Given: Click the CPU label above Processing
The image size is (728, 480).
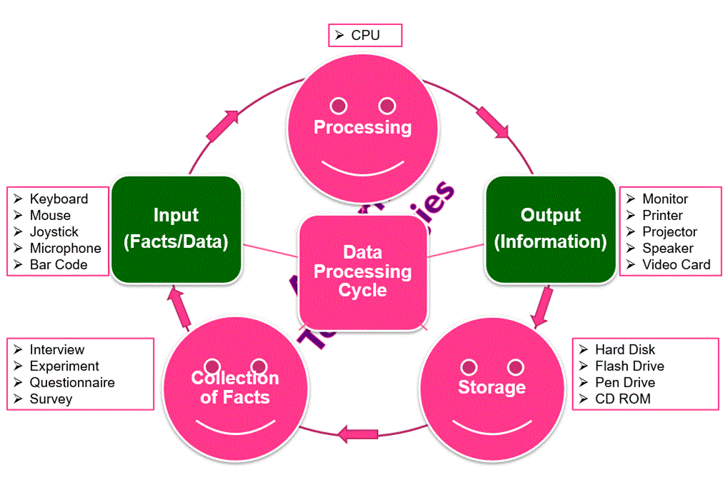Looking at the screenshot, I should [365, 35].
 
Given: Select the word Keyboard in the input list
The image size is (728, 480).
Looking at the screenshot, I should [59, 199].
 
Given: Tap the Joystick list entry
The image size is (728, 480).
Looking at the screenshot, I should [54, 232].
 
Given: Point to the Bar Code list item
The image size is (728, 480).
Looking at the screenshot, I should [58, 265].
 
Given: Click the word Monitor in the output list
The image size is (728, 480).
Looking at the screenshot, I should [664, 199].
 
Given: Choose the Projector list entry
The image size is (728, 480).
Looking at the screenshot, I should [669, 232].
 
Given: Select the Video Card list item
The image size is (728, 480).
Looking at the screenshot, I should [676, 265].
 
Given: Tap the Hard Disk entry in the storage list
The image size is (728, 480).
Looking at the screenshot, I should [624, 350].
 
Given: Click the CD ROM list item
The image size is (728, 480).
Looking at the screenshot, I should [622, 399].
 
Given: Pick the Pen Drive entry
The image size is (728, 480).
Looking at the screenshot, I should [624, 383].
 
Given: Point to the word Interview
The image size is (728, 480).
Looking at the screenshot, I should [56, 350].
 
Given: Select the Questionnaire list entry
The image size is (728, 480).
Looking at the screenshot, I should [71, 383].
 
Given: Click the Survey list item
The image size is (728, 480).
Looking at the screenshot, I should [51, 399].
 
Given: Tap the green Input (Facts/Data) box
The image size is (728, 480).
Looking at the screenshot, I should [176, 229].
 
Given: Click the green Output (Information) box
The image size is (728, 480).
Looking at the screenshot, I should [550, 229].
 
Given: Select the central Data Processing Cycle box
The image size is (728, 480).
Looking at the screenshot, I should [362, 271].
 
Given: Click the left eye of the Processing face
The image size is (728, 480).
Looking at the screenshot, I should [339, 106].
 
